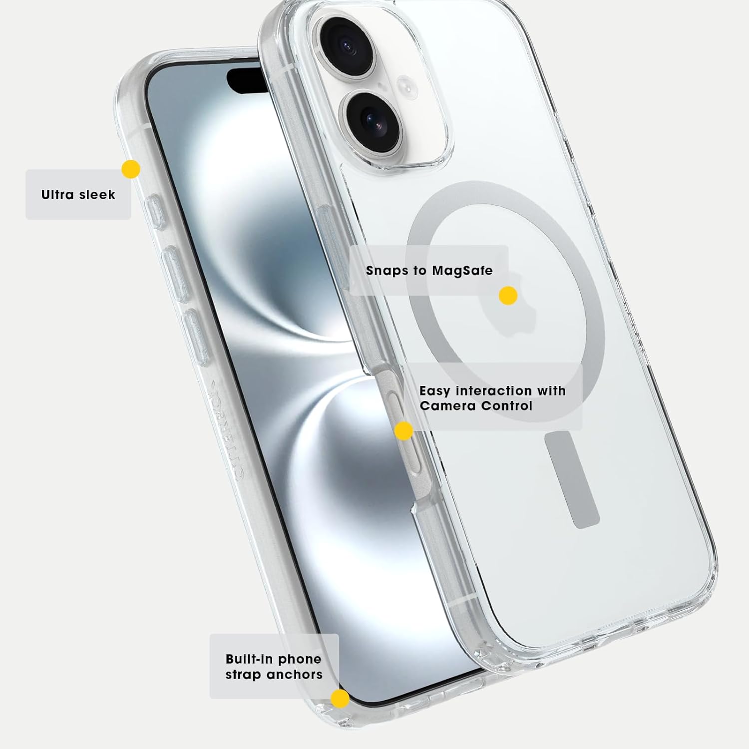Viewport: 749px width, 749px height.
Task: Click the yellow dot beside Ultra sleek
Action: (x=131, y=169)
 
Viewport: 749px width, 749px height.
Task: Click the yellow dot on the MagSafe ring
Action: (x=508, y=296)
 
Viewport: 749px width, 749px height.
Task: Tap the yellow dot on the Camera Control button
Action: (x=403, y=430)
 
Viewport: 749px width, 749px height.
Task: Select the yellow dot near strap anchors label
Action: (x=340, y=699)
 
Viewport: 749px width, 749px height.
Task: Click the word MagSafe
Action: (x=462, y=271)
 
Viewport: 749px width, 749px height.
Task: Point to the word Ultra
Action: (x=57, y=195)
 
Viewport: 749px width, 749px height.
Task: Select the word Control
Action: (x=504, y=405)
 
